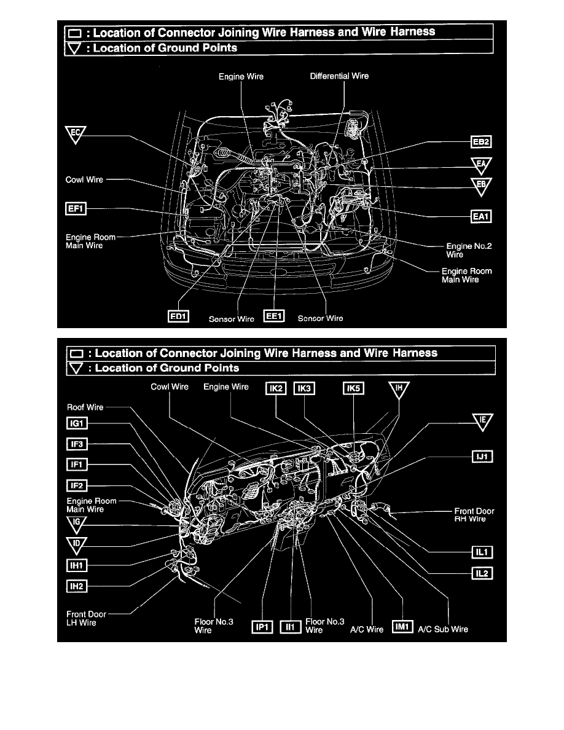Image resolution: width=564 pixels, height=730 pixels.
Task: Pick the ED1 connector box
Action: [178, 316]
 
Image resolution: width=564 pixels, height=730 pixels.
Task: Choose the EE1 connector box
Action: [273, 316]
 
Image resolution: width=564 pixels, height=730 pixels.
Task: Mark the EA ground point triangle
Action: [482, 165]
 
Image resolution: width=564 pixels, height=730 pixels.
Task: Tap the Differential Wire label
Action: [339, 77]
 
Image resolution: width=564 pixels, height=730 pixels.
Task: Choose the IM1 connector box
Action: [401, 627]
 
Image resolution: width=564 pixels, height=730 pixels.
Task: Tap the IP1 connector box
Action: [263, 627]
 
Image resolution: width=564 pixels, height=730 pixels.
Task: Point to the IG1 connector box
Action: [77, 423]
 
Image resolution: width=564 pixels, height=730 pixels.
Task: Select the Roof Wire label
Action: [85, 407]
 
